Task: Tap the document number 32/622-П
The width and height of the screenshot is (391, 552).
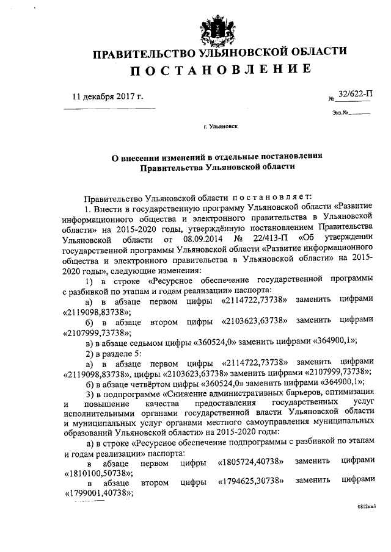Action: pyautogui.click(x=354, y=95)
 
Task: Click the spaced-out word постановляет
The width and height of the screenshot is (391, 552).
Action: pyautogui.click(x=271, y=197)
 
